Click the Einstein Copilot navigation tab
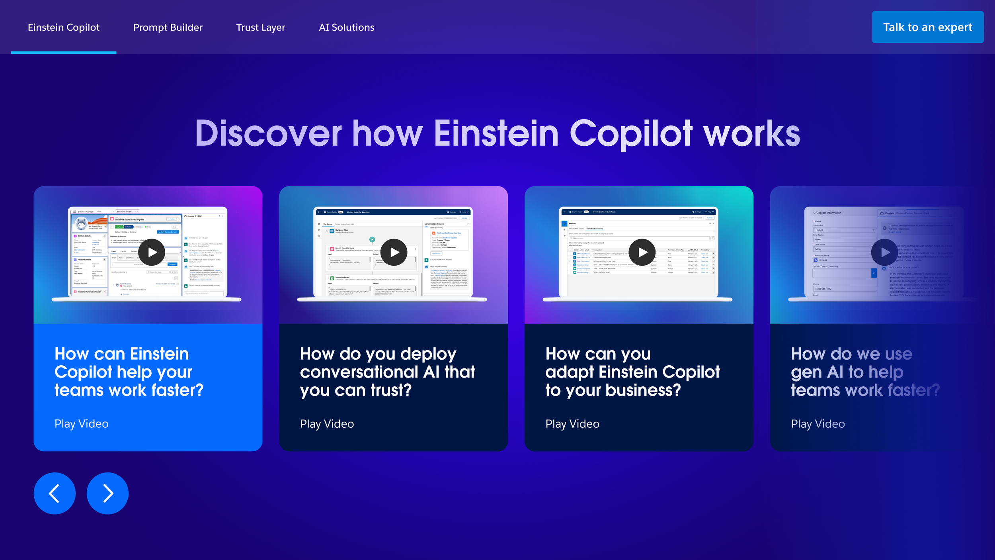click(x=64, y=27)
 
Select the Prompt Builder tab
click(x=168, y=27)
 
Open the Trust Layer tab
click(x=261, y=27)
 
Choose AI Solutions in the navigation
click(x=347, y=27)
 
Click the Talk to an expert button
click(x=927, y=27)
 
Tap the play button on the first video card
click(x=152, y=252)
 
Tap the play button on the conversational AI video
click(x=394, y=252)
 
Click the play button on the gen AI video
click(x=884, y=252)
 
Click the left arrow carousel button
click(x=55, y=493)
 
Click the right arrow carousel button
click(x=107, y=493)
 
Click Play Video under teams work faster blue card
click(x=82, y=424)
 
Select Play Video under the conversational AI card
click(x=327, y=424)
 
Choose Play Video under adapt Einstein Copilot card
click(x=572, y=424)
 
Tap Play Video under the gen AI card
click(x=818, y=424)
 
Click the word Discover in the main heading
click(x=268, y=134)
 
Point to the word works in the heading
click(x=752, y=134)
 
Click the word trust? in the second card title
click(x=391, y=390)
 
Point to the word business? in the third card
click(x=643, y=390)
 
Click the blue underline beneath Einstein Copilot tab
click(x=64, y=53)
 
